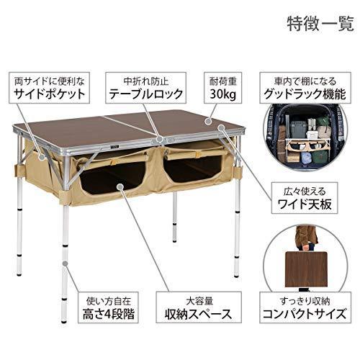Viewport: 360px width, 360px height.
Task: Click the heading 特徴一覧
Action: point(320,24)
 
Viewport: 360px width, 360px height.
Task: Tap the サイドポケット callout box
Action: point(49,88)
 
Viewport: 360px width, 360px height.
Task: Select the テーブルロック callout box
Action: point(145,88)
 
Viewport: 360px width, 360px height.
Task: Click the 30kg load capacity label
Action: point(223,88)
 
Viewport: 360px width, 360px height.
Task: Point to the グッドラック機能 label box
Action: point(305,88)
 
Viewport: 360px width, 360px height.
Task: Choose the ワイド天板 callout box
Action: point(305,198)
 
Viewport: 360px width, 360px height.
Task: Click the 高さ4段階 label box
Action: point(108,307)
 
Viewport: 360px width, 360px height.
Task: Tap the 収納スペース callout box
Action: point(199,307)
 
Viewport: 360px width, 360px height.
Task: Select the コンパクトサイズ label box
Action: point(305,307)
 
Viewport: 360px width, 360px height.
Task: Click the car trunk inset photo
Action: point(305,140)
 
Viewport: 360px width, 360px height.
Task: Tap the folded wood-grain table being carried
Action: point(306,269)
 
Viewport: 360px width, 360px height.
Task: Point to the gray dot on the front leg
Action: point(65,264)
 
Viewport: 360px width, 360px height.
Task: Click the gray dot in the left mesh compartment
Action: point(120,186)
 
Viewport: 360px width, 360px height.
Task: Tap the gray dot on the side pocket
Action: point(42,158)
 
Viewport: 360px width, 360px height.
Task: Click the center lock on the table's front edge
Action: point(159,140)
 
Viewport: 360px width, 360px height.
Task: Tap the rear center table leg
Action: point(175,215)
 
